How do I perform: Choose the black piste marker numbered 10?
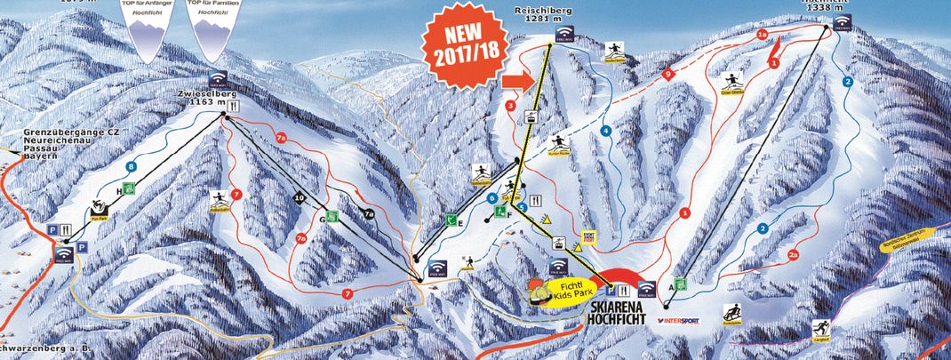click(x=299, y=197)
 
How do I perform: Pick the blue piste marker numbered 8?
click(x=132, y=166)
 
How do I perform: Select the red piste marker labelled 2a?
click(x=793, y=255)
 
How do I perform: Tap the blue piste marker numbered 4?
click(x=607, y=132)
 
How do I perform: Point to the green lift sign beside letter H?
click(x=129, y=188)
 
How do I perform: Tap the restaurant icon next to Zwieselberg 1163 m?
click(x=230, y=104)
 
